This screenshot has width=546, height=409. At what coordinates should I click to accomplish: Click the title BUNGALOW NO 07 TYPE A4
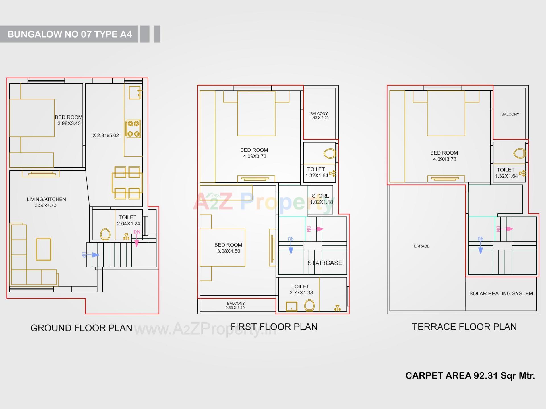point(70,34)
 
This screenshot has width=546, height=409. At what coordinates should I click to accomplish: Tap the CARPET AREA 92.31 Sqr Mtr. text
point(470,375)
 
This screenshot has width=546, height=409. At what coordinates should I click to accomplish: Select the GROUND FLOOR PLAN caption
point(81,328)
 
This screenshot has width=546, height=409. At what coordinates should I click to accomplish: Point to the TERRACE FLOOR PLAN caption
point(464,327)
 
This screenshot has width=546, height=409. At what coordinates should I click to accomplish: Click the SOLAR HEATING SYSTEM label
point(501,293)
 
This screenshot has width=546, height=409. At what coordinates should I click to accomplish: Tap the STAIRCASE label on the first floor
point(325,263)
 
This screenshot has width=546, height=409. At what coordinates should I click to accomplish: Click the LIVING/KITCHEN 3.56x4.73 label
point(46,202)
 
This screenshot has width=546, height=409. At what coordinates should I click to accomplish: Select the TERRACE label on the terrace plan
point(420,246)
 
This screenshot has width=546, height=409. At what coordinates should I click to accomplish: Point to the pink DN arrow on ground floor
point(137,239)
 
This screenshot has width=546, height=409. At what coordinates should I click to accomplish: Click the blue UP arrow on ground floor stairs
point(92,255)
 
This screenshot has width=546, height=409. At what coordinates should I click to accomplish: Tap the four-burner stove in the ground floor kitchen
point(133,129)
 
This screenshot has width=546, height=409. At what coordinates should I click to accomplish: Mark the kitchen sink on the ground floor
point(135,93)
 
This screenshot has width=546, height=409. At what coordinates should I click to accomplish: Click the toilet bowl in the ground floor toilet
point(105,234)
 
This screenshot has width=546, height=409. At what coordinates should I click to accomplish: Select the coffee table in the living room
point(44,249)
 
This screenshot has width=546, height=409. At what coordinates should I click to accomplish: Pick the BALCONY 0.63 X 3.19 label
point(236,305)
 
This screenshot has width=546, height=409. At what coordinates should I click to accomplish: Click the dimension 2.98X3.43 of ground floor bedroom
point(69,123)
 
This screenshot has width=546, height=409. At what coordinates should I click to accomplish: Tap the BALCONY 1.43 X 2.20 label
point(319,115)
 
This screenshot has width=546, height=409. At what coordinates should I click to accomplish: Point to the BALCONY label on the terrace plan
point(510,114)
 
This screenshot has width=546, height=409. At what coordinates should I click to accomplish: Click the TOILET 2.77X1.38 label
point(301,289)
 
